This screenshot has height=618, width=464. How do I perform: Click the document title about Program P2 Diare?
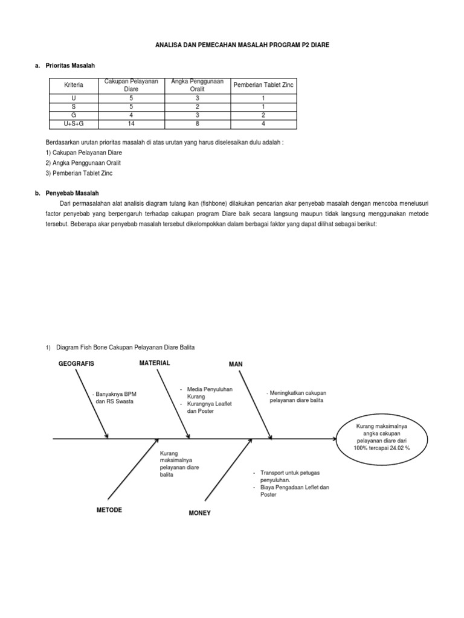[x=232, y=45]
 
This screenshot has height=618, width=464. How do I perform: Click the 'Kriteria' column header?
[x=74, y=86]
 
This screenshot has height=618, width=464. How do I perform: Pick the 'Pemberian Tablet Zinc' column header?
[x=263, y=86]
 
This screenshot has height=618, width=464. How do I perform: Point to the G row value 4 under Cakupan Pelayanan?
[x=131, y=115]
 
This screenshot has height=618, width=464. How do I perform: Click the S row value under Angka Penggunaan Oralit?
[x=197, y=106]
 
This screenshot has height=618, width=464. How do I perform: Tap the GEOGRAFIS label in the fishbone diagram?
[x=76, y=364]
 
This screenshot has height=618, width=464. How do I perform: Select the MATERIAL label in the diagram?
[x=155, y=363]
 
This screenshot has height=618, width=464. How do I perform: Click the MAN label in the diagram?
[x=235, y=365]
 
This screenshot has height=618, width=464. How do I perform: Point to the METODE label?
[x=109, y=510]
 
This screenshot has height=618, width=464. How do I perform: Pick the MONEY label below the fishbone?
[x=200, y=513]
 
